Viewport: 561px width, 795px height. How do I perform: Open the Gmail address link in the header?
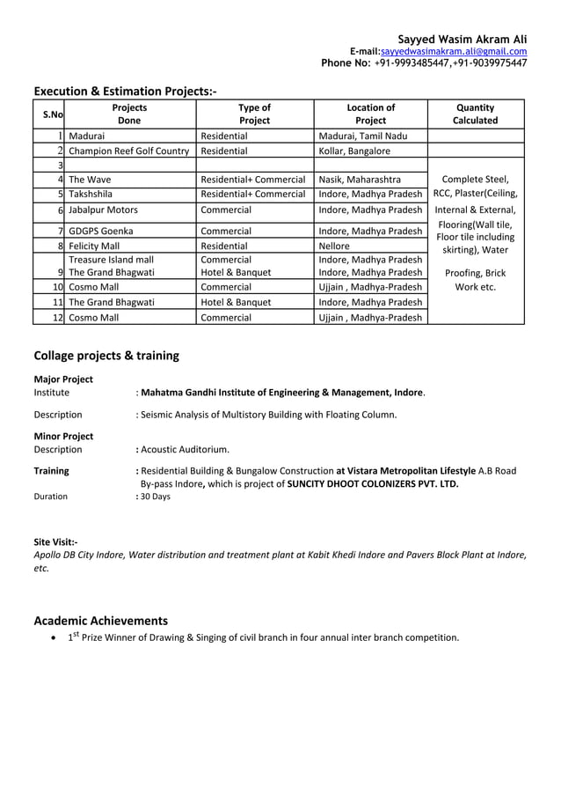pyautogui.click(x=453, y=52)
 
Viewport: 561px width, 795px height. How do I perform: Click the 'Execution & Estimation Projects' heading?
pyautogui.click(x=125, y=92)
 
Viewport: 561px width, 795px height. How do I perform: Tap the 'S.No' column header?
pyautogui.click(x=48, y=114)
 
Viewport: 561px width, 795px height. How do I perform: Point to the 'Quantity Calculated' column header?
pyautogui.click(x=475, y=114)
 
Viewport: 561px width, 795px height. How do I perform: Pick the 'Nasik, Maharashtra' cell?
pyautogui.click(x=360, y=180)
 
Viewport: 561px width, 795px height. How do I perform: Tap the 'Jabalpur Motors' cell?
pyautogui.click(x=103, y=210)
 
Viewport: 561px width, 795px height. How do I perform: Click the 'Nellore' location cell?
pyautogui.click(x=334, y=247)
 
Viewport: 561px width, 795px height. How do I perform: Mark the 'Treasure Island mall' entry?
pyautogui.click(x=112, y=261)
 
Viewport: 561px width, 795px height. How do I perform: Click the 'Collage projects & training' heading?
pyautogui.click(x=106, y=356)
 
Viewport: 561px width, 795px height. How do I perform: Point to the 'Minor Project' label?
pyautogui.click(x=63, y=436)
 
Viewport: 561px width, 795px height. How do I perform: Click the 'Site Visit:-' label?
pyautogui.click(x=55, y=541)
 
